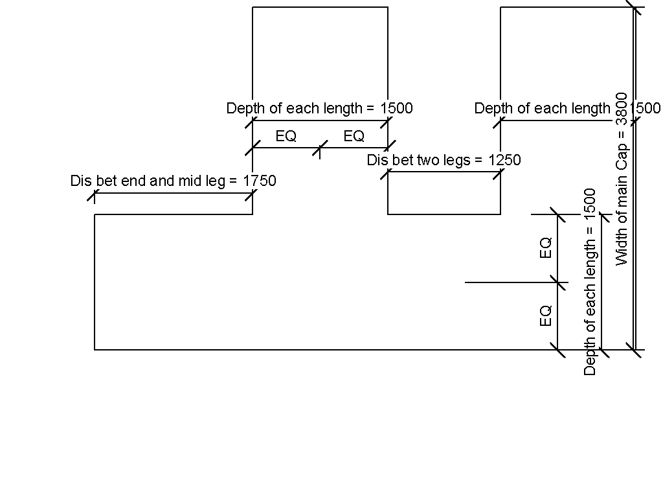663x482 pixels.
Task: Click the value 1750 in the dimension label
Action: tap(260, 181)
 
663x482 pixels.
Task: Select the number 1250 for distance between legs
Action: tap(504, 160)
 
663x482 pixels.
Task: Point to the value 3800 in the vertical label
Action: tap(622, 109)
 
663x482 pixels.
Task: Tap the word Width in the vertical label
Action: tap(622, 249)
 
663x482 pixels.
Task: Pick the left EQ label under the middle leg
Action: tap(286, 137)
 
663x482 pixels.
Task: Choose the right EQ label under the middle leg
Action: tap(354, 137)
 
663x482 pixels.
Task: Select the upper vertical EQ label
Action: tap(546, 248)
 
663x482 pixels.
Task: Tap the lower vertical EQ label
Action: tap(546, 316)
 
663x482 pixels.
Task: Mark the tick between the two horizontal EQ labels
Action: tap(320, 148)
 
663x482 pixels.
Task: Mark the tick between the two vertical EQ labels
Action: tap(557, 282)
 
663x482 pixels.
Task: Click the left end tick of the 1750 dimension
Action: tap(95, 194)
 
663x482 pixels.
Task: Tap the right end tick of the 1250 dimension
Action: tap(500, 172)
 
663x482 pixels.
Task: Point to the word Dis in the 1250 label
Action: tap(377, 160)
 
